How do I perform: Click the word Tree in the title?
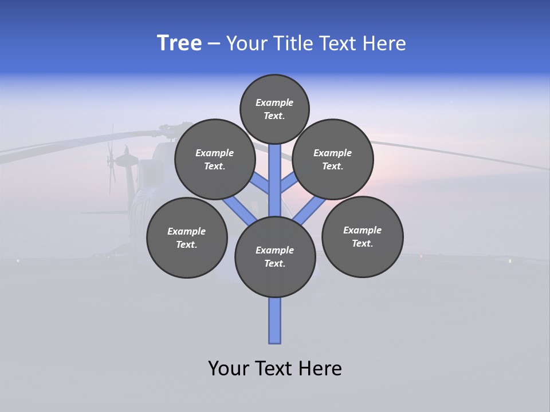pos(179,43)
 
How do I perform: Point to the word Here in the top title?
pos(384,43)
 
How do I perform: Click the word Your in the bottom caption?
pos(229,369)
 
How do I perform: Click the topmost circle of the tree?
pos(274,109)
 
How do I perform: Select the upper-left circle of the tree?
pos(215,159)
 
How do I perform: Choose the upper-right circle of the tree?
pos(333,159)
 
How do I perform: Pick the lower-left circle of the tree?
pos(187,237)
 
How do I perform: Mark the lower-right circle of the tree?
pos(363,236)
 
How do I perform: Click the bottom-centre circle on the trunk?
pos(275,256)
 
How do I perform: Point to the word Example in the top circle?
pos(274,102)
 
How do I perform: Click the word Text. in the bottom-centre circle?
pos(274,263)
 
